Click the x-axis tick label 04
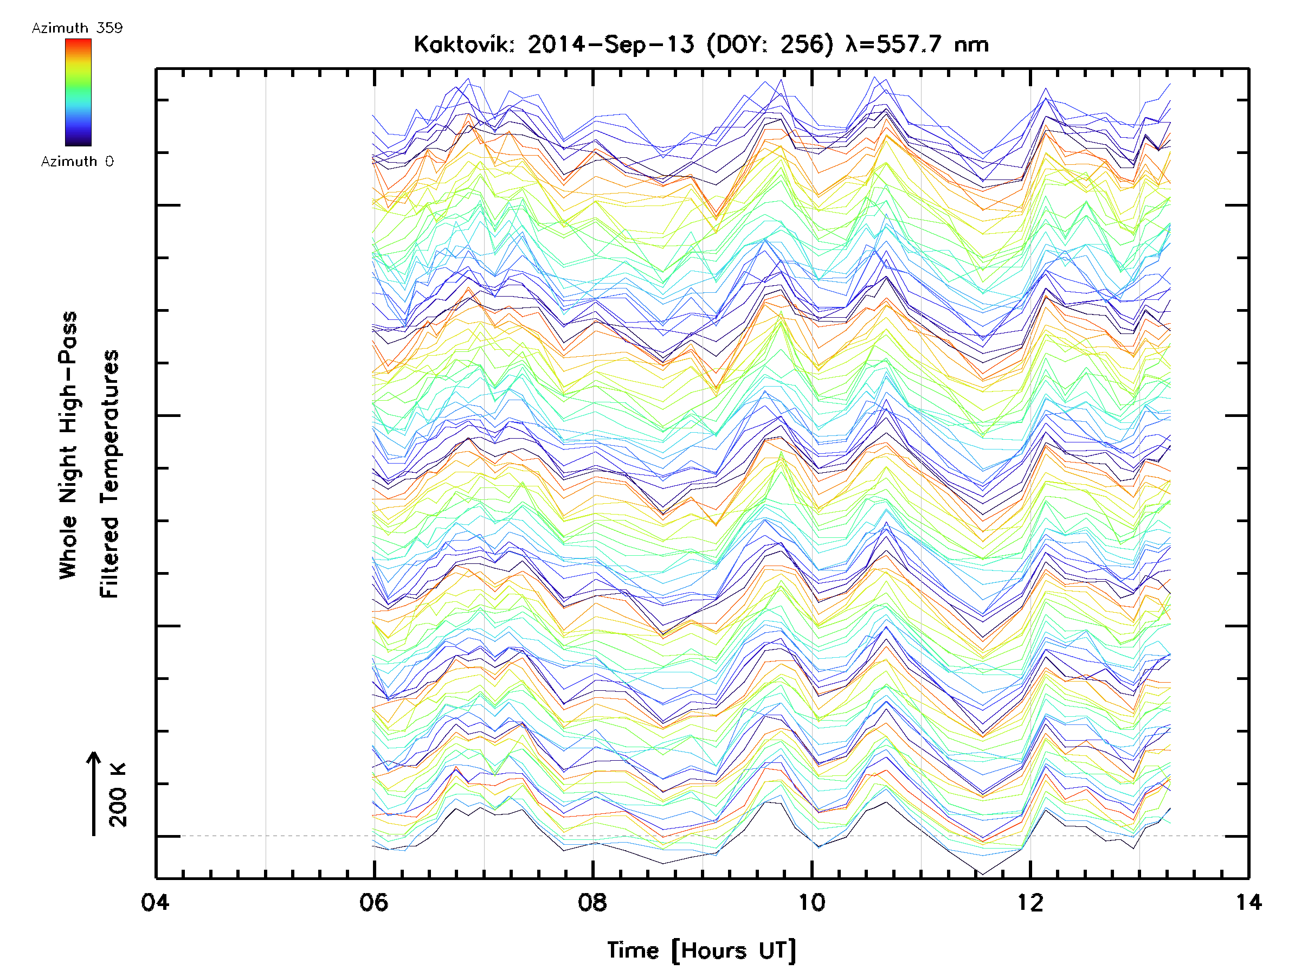(x=154, y=902)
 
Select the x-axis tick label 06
(x=374, y=902)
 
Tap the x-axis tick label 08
(x=592, y=902)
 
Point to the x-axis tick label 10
(x=811, y=902)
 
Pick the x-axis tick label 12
(x=1030, y=902)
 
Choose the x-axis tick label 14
(x=1248, y=902)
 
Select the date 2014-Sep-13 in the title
(x=610, y=44)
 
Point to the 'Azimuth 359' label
(x=77, y=28)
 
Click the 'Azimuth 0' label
(x=77, y=161)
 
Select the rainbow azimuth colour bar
(x=78, y=92)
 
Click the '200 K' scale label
(x=118, y=794)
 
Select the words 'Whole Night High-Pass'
(x=68, y=445)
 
